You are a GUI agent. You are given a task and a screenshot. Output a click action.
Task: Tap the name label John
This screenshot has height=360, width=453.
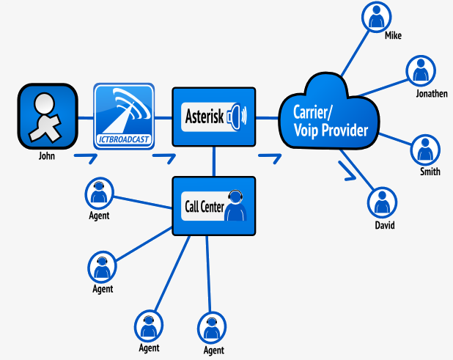pyautogui.click(x=47, y=156)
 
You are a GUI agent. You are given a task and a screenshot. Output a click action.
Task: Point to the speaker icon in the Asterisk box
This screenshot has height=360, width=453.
pyautogui.click(x=238, y=116)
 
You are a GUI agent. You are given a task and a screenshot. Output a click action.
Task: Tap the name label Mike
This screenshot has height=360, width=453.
pyautogui.click(x=392, y=35)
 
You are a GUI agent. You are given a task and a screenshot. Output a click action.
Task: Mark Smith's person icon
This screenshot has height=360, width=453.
pyautogui.click(x=424, y=149)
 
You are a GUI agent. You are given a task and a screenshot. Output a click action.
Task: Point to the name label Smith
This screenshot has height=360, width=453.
pyautogui.click(x=430, y=172)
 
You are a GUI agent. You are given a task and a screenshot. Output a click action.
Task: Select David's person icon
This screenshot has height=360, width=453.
pyautogui.click(x=381, y=202)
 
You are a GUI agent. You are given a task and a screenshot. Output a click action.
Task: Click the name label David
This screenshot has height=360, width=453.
pyautogui.click(x=384, y=225)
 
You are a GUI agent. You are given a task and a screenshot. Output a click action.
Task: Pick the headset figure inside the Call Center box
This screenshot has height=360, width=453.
pyautogui.click(x=235, y=206)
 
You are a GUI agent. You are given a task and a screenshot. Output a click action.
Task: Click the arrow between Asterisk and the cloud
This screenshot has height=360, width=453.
pyautogui.click(x=270, y=157)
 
